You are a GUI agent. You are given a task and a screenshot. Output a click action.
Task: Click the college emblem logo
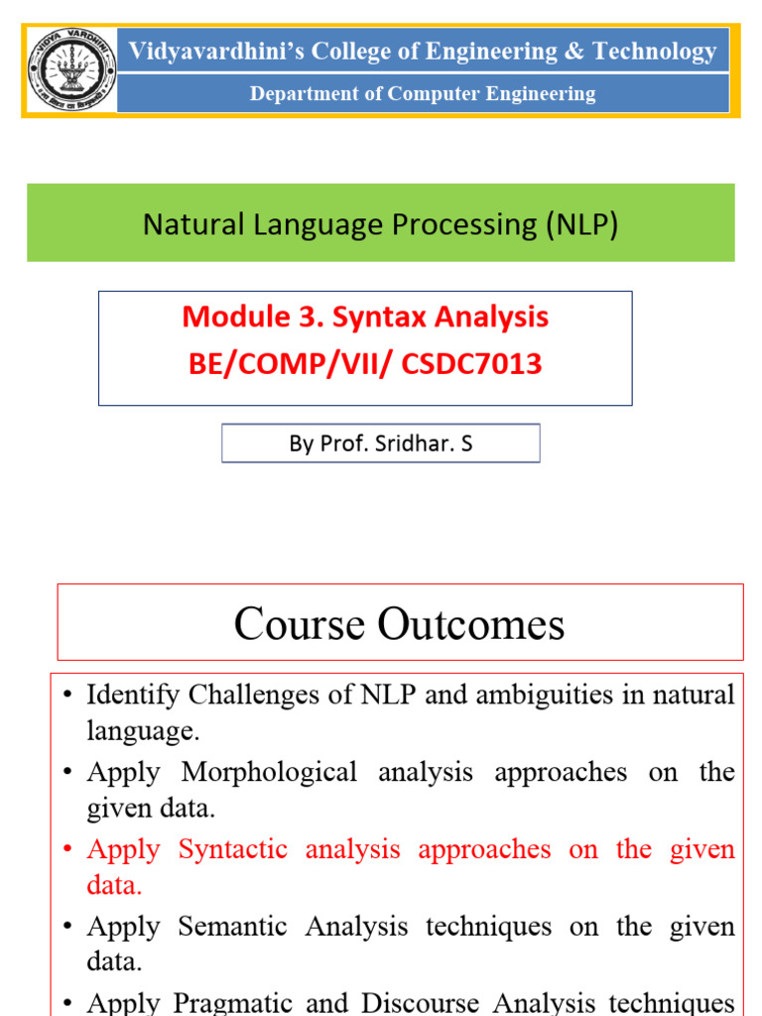tap(71, 70)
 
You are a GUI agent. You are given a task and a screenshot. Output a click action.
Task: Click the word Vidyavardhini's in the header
tap(216, 51)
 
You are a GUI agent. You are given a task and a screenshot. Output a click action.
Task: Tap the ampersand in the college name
tap(574, 51)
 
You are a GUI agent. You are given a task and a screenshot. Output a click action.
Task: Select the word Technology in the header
tap(655, 52)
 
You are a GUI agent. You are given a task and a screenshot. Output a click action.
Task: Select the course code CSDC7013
tap(471, 363)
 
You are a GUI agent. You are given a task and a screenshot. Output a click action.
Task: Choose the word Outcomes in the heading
tap(470, 624)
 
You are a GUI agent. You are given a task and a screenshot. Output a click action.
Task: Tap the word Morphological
tap(269, 772)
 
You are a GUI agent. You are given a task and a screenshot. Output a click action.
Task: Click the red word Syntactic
tap(232, 849)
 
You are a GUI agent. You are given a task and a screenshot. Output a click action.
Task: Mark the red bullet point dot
tap(67, 849)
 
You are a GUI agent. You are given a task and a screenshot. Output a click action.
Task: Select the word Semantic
tap(232, 926)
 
